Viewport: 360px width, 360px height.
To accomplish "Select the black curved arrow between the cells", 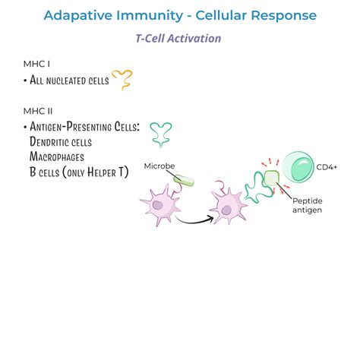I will point(194,219).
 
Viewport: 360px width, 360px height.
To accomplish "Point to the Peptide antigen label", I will point(308,204).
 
